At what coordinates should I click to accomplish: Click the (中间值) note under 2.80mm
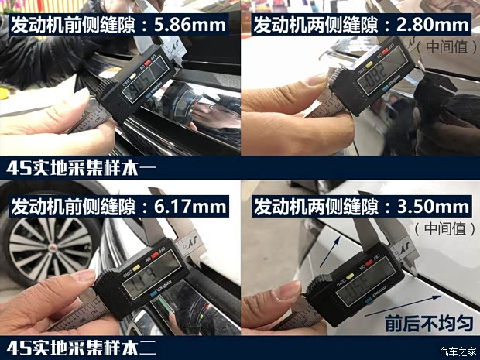point(444,46)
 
